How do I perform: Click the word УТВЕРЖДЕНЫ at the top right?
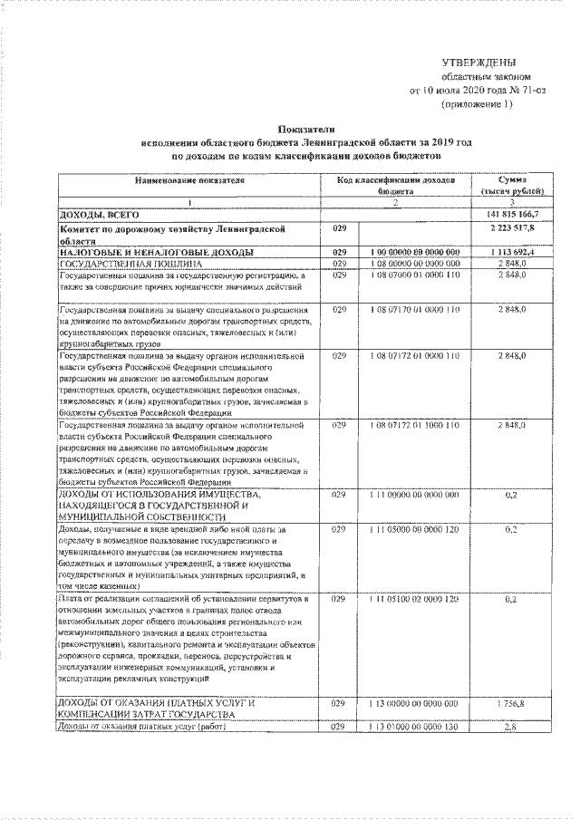pos(478,63)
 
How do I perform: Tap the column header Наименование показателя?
pos(190,181)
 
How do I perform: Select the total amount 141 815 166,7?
pos(512,214)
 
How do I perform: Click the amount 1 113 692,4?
pos(512,251)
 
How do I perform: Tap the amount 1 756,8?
pos(512,703)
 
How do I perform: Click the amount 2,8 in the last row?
pos(512,727)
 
